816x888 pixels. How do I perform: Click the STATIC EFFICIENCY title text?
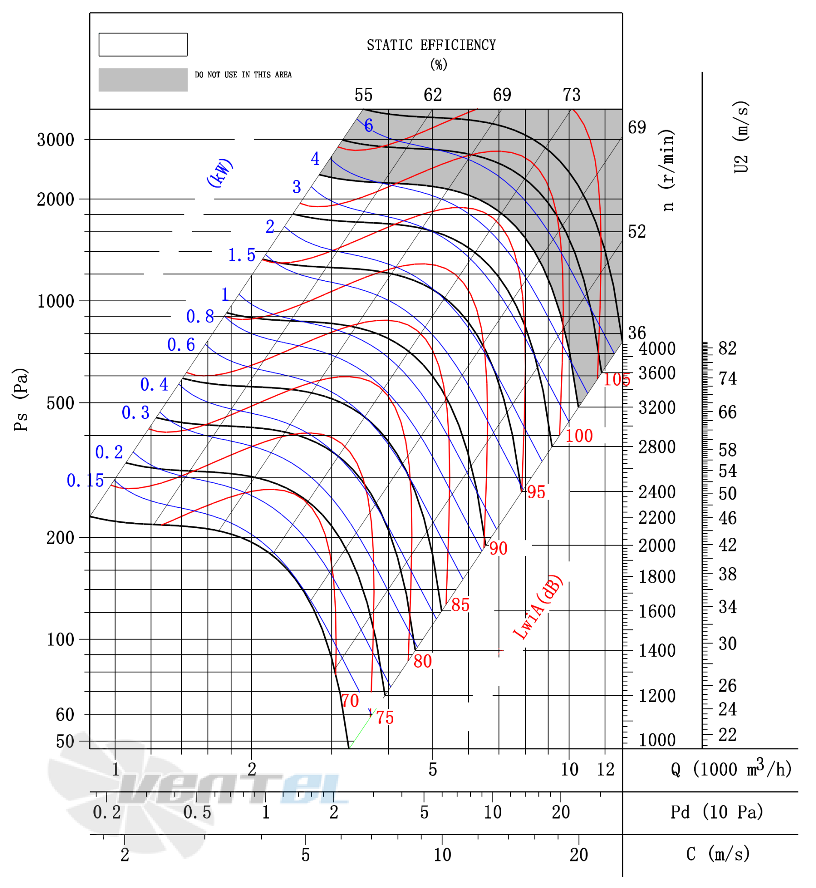pos(431,45)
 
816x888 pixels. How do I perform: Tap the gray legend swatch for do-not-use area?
pos(143,79)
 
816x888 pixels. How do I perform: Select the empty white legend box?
pos(143,44)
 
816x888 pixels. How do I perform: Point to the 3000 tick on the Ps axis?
pos(56,139)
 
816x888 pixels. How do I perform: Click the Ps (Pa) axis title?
pos(21,400)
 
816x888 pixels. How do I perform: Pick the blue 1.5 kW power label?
pos(241,255)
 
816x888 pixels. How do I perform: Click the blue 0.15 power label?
pos(85,480)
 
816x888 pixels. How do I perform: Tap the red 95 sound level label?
pos(536,492)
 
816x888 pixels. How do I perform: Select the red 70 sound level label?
pos(350,701)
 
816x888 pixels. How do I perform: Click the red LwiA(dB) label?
pos(538,607)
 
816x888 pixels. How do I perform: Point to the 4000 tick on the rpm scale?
pos(657,349)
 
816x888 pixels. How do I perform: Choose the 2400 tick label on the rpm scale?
pos(657,492)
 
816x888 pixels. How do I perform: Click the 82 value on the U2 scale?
pos(727,349)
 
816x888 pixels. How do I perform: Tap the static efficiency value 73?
pos(572,95)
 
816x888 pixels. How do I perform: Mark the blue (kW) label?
pos(220,173)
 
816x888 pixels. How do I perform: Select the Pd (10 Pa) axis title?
pos(717,812)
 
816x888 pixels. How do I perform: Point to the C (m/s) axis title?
pos(718,854)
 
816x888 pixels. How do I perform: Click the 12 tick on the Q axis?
pos(605,770)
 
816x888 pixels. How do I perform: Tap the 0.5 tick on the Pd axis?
pos(197,812)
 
